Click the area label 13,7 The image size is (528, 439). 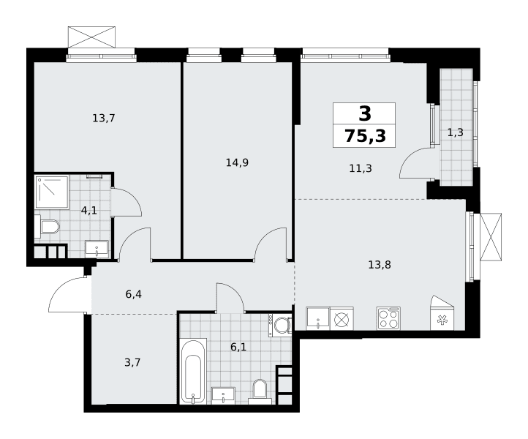[104, 119]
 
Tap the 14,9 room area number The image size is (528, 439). [237, 163]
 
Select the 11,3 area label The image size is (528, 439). [361, 168]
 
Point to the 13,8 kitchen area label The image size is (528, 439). [380, 265]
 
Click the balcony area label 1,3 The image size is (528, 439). [456, 132]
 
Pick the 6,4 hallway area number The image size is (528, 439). [134, 294]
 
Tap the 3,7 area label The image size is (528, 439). [132, 362]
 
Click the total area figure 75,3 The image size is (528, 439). [365, 136]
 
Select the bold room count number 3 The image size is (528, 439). [365, 113]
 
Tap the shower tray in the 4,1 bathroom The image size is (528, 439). [52, 192]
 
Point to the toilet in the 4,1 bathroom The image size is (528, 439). [47, 226]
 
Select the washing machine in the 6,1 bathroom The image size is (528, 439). [280, 325]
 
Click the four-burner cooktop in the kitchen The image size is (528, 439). [388, 318]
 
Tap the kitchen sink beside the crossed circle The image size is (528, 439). [318, 318]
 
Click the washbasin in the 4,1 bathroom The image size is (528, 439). [97, 249]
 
